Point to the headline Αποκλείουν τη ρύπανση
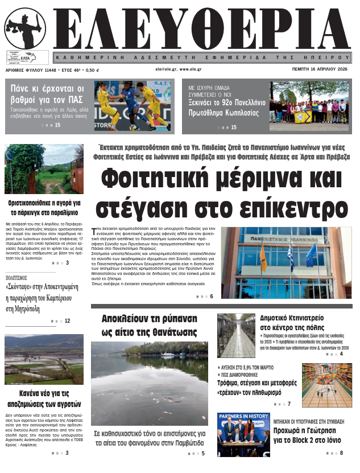149,324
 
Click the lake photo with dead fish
149,384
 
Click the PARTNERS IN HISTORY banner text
243,416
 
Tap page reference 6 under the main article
212,297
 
